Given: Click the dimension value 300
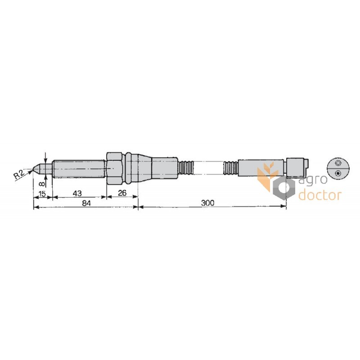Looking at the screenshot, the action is (x=207, y=203).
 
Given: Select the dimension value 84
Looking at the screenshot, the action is (x=86, y=203).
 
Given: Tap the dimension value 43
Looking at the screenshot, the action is (x=77, y=193).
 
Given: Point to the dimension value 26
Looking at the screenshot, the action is (x=122, y=193).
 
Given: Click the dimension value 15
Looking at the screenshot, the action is (x=42, y=194).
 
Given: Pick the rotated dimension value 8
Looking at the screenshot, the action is (x=42, y=184).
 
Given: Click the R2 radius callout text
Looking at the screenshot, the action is (x=19, y=175).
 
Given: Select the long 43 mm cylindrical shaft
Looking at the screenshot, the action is (x=79, y=169).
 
